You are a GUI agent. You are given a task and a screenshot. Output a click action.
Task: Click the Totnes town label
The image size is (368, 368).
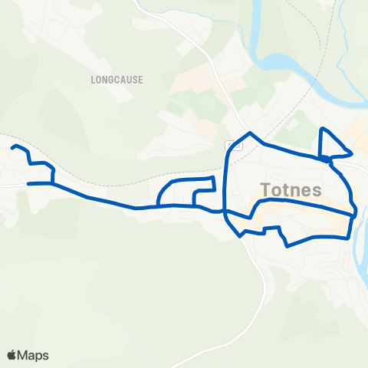291,189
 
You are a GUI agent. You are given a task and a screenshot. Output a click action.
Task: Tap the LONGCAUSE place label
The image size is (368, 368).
117,79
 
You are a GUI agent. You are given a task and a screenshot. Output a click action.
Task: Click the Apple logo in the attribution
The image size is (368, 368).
11,355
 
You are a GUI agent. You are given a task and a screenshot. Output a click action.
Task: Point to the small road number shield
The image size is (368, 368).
229,145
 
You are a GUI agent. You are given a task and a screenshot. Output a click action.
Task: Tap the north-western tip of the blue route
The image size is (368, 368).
13,146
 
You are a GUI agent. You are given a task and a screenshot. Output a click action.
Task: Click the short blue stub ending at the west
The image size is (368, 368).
31,184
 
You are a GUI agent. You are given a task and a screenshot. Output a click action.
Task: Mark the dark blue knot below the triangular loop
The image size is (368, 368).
327,159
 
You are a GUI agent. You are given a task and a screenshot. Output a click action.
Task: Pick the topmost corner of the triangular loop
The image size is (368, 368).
322,129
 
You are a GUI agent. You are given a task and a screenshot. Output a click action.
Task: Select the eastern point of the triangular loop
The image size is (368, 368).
351,149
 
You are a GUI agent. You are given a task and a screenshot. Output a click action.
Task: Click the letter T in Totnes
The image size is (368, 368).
266,189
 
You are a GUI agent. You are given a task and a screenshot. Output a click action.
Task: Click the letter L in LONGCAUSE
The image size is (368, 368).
93,79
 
